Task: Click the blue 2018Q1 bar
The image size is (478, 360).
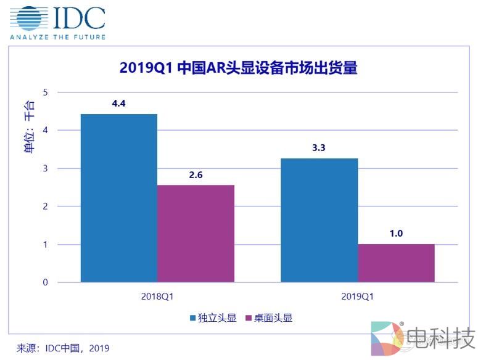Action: pos(119,198)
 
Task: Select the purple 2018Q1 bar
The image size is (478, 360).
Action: pos(196,234)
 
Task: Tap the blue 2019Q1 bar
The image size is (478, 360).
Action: pos(319,220)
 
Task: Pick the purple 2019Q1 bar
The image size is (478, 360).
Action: pos(396,263)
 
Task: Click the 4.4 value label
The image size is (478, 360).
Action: pos(118,104)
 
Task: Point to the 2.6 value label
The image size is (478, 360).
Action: pos(196,174)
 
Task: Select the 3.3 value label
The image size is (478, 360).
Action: pos(319,148)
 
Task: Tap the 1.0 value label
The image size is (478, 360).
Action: pos(396,234)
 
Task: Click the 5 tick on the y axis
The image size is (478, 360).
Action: pos(44,92)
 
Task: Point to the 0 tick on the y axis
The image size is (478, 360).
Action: pos(44,282)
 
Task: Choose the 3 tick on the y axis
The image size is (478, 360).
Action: pos(44,168)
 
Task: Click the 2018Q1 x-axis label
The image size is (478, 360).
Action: pos(157,296)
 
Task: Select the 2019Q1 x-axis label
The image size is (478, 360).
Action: pos(358,296)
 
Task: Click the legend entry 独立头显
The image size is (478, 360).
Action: pos(213,317)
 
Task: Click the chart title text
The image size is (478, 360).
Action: pos(239,68)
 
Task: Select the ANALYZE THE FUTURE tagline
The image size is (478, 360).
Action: pos(57,37)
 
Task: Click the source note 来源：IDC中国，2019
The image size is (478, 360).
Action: pos(63,348)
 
